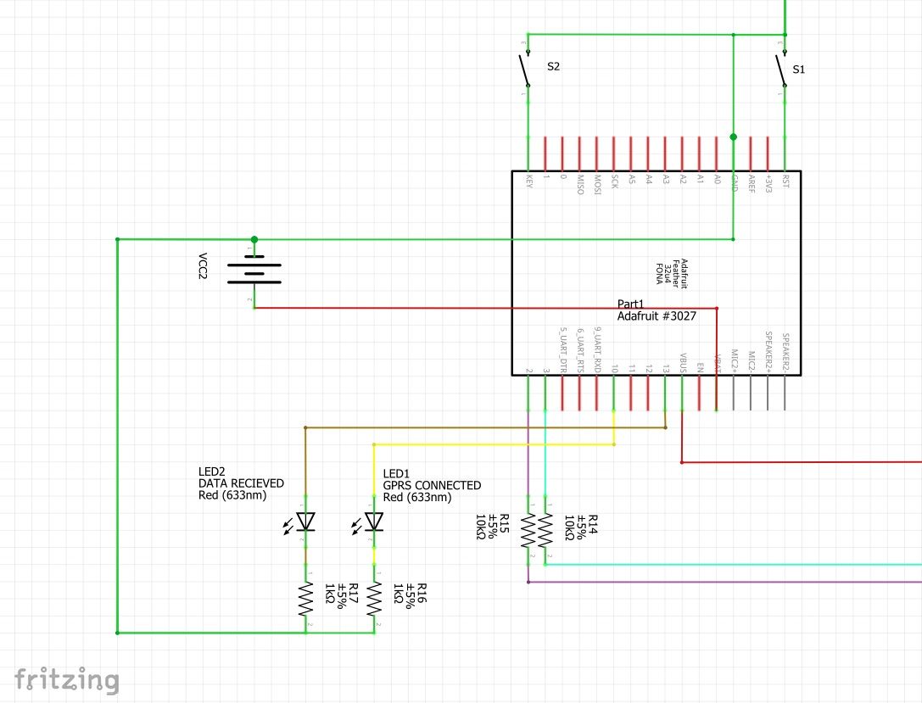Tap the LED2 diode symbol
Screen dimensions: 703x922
click(x=305, y=522)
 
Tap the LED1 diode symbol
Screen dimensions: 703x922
click(x=374, y=522)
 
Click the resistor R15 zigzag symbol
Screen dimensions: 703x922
click(x=528, y=531)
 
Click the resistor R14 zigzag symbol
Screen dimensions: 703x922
click(x=545, y=531)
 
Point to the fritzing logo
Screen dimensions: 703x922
click(x=67, y=680)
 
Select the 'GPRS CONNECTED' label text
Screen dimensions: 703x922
click(x=432, y=486)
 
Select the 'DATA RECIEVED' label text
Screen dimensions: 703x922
click(x=241, y=483)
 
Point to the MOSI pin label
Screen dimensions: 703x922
click(x=597, y=184)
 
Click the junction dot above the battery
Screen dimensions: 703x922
click(x=254, y=240)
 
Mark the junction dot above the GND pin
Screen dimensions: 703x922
click(x=734, y=137)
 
